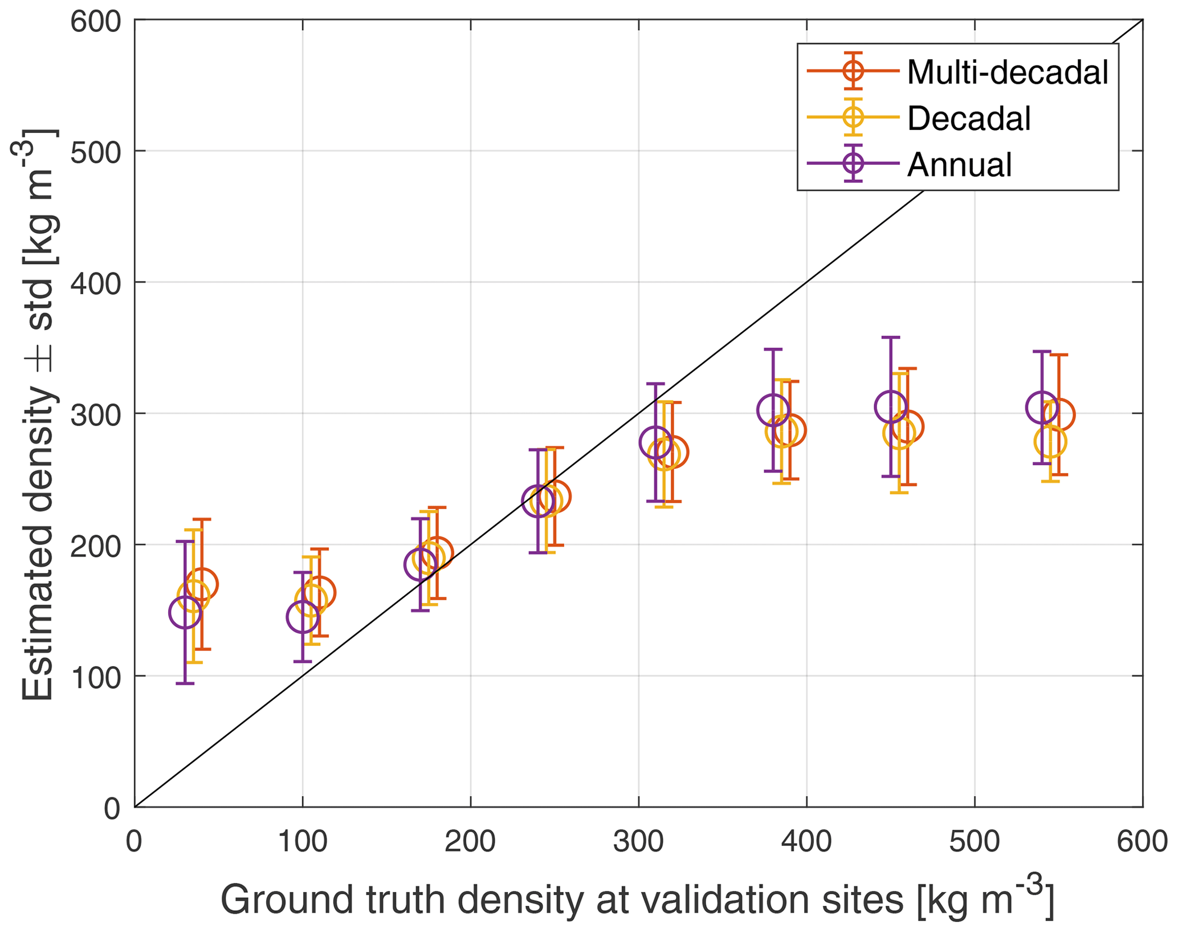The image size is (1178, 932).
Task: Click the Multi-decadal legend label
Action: pyautogui.click(x=1007, y=72)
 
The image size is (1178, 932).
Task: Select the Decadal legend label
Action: pyautogui.click(x=969, y=119)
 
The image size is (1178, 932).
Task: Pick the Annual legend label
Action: pyautogui.click(x=959, y=165)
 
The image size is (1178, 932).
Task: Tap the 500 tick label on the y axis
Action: pyautogui.click(x=96, y=152)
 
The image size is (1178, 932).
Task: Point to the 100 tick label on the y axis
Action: pyautogui.click(x=96, y=677)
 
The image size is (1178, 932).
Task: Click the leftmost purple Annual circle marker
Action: pyautogui.click(x=185, y=613)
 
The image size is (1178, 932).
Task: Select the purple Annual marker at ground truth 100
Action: pyautogui.click(x=303, y=617)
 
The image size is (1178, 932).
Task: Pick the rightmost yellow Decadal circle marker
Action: pyautogui.click(x=1050, y=442)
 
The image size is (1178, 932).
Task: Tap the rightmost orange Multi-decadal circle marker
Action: pyautogui.click(x=1059, y=414)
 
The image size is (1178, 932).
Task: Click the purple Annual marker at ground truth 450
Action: pyautogui.click(x=891, y=407)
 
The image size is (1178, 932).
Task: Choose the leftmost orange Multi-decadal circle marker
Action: pyautogui.click(x=202, y=584)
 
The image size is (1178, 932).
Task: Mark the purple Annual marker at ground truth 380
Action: pyautogui.click(x=773, y=410)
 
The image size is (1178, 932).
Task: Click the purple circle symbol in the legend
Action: pyautogui.click(x=853, y=164)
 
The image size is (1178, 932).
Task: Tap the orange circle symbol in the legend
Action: pyautogui.click(x=853, y=71)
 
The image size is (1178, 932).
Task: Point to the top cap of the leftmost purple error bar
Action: pyautogui.click(x=185, y=541)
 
